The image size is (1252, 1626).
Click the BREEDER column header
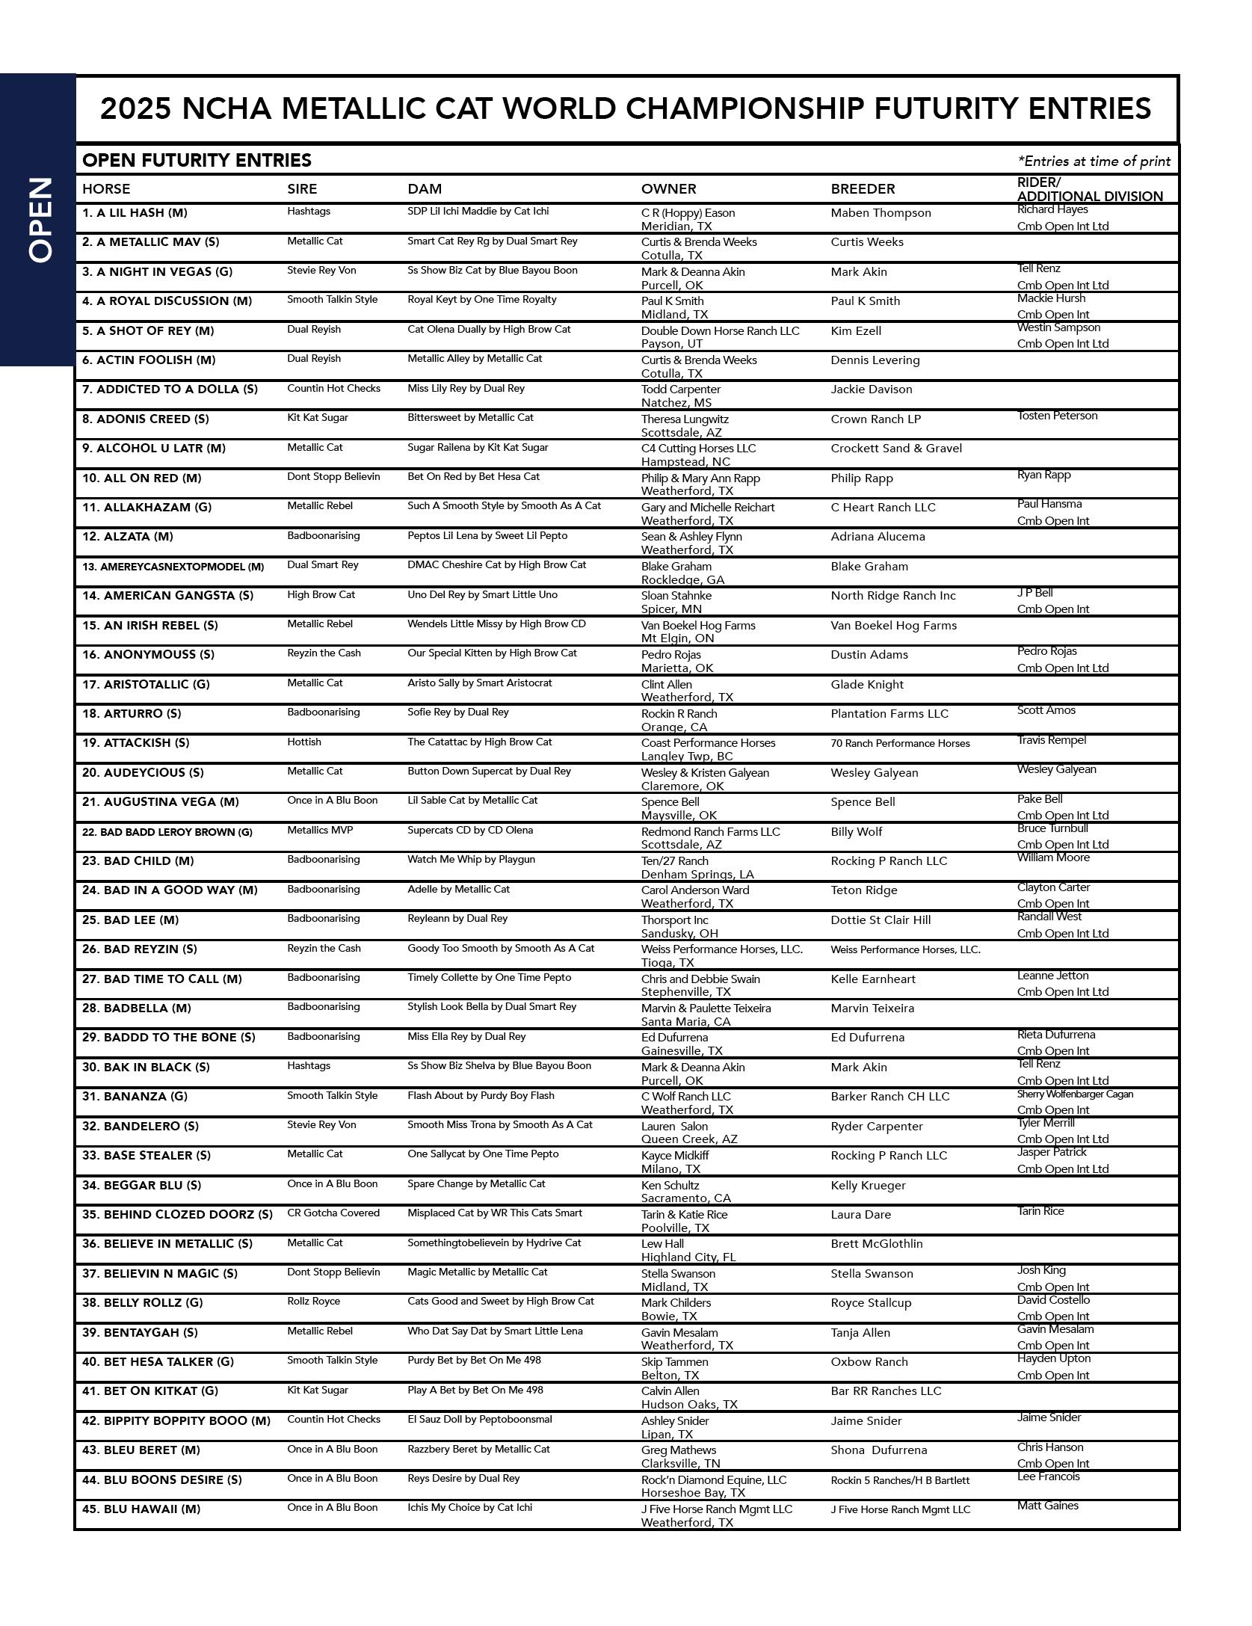tap(863, 189)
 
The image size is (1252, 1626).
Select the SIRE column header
tap(302, 189)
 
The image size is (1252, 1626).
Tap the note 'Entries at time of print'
tap(1094, 161)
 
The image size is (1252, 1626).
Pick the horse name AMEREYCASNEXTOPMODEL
tap(173, 567)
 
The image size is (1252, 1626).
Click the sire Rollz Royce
tap(313, 1301)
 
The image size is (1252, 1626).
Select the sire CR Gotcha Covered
tap(333, 1213)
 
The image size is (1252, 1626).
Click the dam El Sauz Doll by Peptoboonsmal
tap(479, 1419)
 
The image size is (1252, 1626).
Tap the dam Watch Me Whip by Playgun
tap(471, 859)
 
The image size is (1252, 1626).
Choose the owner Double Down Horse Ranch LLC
tap(720, 330)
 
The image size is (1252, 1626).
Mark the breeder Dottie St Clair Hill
tap(881, 920)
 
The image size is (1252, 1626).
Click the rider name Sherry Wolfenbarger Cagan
tap(1075, 1094)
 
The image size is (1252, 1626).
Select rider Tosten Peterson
tap(1057, 416)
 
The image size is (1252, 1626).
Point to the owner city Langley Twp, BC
tap(687, 756)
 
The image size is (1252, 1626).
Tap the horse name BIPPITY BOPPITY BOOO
tap(176, 1420)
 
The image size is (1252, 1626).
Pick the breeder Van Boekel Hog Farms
tap(893, 625)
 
